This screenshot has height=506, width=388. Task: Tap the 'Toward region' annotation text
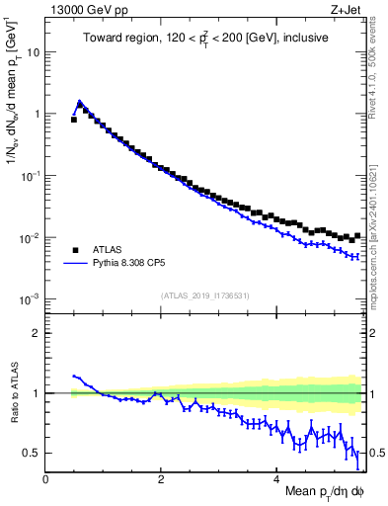pyautogui.click(x=204, y=38)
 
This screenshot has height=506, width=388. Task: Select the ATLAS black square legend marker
pyautogui.click(x=75, y=250)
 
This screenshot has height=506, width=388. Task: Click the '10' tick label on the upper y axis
pyautogui.click(x=34, y=51)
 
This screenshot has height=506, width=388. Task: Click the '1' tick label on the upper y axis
pyautogui.click(x=37, y=114)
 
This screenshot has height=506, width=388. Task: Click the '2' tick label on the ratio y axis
pyautogui.click(x=37, y=333)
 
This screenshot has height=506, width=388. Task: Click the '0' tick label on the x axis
pyautogui.click(x=46, y=479)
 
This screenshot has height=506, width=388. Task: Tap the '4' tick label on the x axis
pyautogui.click(x=276, y=479)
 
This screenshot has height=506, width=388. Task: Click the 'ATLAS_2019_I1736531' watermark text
pyautogui.click(x=205, y=295)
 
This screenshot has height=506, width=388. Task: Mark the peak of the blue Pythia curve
pyautogui.click(x=79, y=101)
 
